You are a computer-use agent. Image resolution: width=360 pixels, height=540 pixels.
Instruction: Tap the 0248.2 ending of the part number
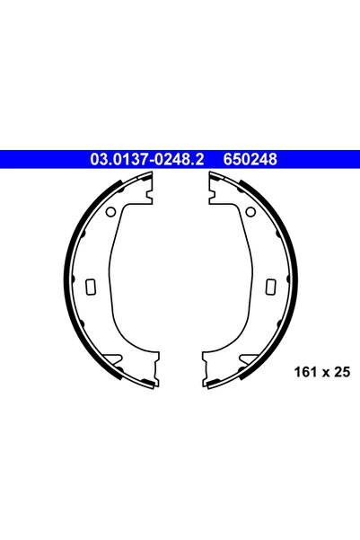pos(177,159)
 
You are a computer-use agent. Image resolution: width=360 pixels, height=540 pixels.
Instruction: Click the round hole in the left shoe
pos(110,212)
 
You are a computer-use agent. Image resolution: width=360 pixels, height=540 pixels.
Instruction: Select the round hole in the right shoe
pos(250,212)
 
